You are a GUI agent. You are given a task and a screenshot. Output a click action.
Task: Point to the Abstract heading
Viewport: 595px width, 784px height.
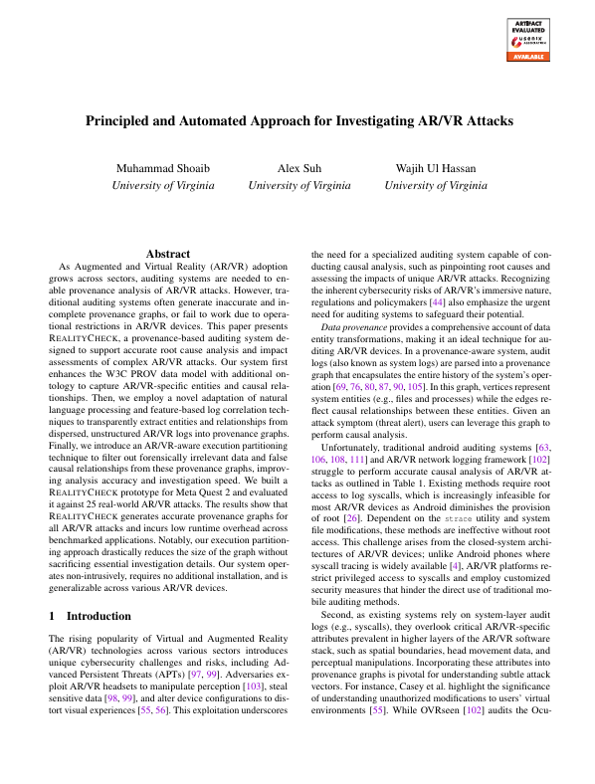(167, 255)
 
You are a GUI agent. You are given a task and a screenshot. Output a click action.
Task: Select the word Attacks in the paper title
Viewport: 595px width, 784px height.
(481, 121)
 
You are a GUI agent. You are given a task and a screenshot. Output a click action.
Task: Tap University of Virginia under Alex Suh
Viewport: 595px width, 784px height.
(298, 185)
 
